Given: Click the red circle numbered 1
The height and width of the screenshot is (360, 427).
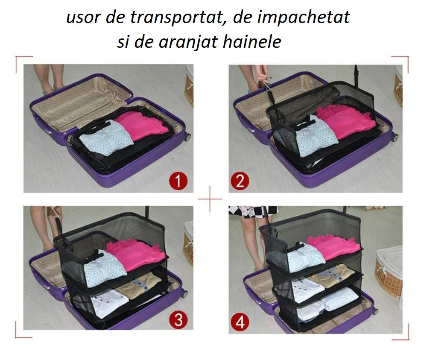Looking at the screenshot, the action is point(178,180).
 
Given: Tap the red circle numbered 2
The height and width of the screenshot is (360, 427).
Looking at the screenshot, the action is point(240,181).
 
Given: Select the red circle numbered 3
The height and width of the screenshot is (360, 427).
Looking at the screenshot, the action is point(178,319).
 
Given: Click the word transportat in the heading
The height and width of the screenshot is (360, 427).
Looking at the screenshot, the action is point(177,18).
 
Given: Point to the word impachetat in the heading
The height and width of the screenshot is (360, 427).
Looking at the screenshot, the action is point(303,18).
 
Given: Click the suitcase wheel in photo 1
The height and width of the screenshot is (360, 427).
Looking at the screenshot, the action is point(187,137).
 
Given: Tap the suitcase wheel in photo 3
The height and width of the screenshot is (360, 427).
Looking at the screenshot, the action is point(184,294).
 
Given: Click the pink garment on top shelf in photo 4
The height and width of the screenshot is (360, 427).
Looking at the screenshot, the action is point(333,246).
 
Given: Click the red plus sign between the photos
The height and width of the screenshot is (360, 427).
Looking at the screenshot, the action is point(210,199).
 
